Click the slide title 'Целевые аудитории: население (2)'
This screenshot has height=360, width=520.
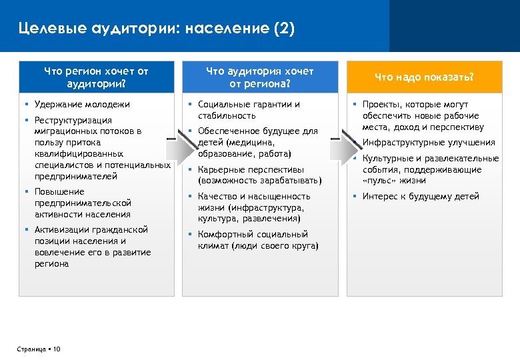tap(156, 29)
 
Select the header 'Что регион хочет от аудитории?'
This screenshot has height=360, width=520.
tap(96, 77)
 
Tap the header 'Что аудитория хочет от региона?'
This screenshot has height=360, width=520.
tap(259, 77)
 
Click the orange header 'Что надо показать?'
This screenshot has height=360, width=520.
tap(423, 77)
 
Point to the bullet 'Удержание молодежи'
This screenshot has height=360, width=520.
tap(82, 105)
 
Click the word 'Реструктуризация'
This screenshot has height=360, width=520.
tap(73, 120)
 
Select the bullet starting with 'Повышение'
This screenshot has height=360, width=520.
tap(83, 203)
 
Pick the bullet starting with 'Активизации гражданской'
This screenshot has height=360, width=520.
tap(92, 247)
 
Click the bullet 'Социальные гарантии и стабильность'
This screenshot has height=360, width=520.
tap(249, 110)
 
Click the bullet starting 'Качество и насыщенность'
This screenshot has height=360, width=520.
tap(254, 207)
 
